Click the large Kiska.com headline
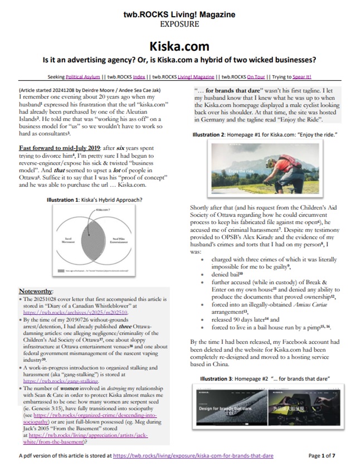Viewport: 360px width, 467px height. click(179, 46)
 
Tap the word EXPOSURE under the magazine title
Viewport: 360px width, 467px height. click(179, 25)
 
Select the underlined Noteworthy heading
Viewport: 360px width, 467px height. click(36, 291)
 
